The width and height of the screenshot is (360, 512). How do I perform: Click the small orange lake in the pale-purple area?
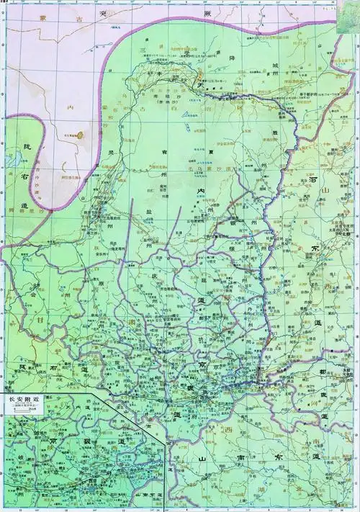80,133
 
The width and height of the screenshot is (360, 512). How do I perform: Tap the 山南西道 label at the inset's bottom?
148,495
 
